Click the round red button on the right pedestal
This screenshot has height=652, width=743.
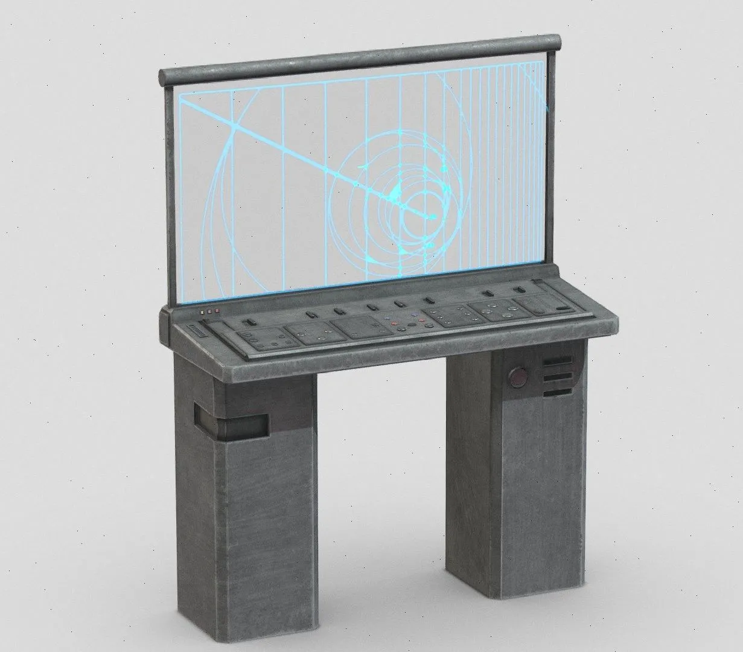[517, 379]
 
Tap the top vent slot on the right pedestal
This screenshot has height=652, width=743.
[556, 362]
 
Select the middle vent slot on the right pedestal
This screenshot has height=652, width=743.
[556, 377]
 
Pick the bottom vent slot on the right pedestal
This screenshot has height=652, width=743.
[556, 392]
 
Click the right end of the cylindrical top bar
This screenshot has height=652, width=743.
[558, 42]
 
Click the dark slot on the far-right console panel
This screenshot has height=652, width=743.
[564, 308]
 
